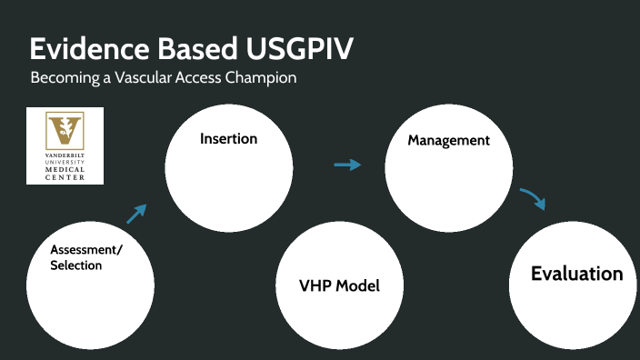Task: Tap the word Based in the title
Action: pyautogui.click(x=199, y=48)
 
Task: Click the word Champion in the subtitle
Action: pyautogui.click(x=259, y=78)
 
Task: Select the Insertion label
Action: pyautogui.click(x=228, y=139)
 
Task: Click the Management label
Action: pyautogui.click(x=448, y=141)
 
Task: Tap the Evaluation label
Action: pyautogui.click(x=576, y=274)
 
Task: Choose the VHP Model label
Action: pyautogui.click(x=339, y=285)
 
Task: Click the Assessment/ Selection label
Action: pyautogui.click(x=86, y=257)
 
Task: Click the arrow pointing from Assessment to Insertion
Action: pyautogui.click(x=136, y=214)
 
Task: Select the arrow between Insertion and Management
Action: pyautogui.click(x=347, y=165)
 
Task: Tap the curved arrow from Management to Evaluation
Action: pyautogui.click(x=534, y=198)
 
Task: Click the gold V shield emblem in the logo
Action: pyautogui.click(x=65, y=131)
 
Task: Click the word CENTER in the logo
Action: pyautogui.click(x=65, y=177)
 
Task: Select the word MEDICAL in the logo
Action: pyautogui.click(x=65, y=171)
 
